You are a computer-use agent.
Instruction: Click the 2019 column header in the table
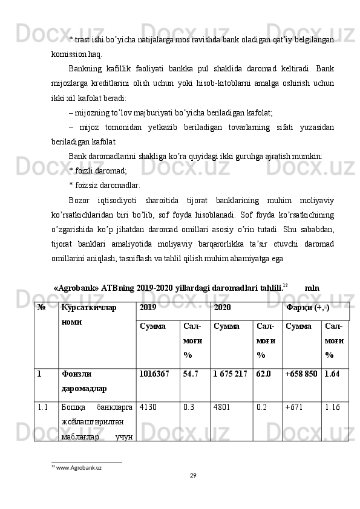pyautogui.click(x=148, y=308)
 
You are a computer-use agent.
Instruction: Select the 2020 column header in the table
pyautogui.click(x=222, y=308)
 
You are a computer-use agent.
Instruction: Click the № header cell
pyautogui.click(x=42, y=308)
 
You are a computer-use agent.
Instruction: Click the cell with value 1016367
pyautogui.click(x=154, y=374)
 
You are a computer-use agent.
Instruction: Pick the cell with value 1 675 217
pyautogui.click(x=230, y=374)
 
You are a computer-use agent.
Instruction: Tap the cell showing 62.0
pyautogui.click(x=264, y=374)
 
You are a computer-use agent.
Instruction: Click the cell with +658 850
pyautogui.click(x=301, y=374)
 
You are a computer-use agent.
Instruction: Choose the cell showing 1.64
pyautogui.click(x=332, y=374)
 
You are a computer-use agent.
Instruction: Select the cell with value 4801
pyautogui.click(x=222, y=407)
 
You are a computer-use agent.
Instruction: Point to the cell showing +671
pyautogui.click(x=293, y=407)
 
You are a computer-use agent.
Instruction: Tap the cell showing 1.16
pyautogui.click(x=332, y=407)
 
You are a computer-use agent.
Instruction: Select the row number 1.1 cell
pyautogui.click(x=42, y=407)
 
